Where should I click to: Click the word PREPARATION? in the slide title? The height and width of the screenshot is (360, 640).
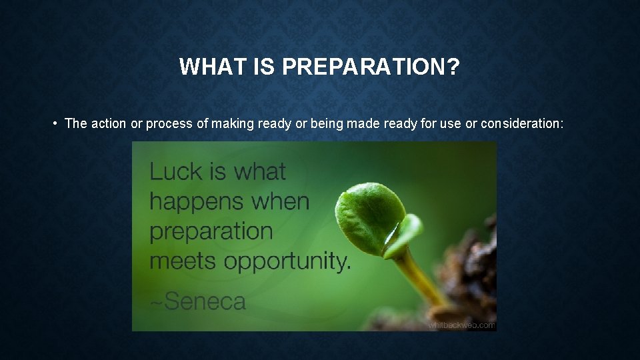tap(371, 67)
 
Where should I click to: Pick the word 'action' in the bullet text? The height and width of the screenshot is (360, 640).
tap(109, 123)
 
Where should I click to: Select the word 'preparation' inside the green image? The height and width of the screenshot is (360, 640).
tap(211, 231)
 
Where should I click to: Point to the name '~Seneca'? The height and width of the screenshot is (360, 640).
tap(197, 301)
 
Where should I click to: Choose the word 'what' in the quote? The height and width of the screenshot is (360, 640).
tap(259, 171)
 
